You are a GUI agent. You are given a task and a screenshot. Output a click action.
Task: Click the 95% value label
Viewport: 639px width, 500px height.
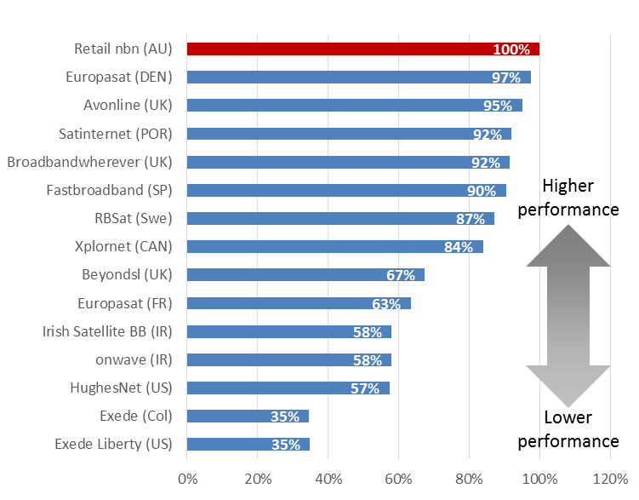tap(498, 106)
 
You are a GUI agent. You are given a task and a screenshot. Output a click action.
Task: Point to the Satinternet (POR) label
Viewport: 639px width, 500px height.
tap(116, 134)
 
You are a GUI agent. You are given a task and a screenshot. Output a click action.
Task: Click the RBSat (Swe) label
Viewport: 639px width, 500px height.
tap(134, 218)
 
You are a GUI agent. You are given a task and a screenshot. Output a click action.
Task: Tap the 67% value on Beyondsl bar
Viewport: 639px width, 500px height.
tap(399, 275)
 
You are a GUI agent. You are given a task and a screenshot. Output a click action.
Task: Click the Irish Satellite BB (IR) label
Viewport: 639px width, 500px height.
tap(107, 331)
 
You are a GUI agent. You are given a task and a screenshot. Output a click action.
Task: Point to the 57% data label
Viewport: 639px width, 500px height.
tap(364, 388)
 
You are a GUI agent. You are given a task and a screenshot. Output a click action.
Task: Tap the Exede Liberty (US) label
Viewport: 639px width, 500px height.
tap(113, 444)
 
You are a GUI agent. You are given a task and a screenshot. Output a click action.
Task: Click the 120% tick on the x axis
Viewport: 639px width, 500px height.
tap(609, 478)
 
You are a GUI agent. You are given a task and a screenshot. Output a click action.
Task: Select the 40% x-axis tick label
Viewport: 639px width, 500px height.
tap(328, 478)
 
